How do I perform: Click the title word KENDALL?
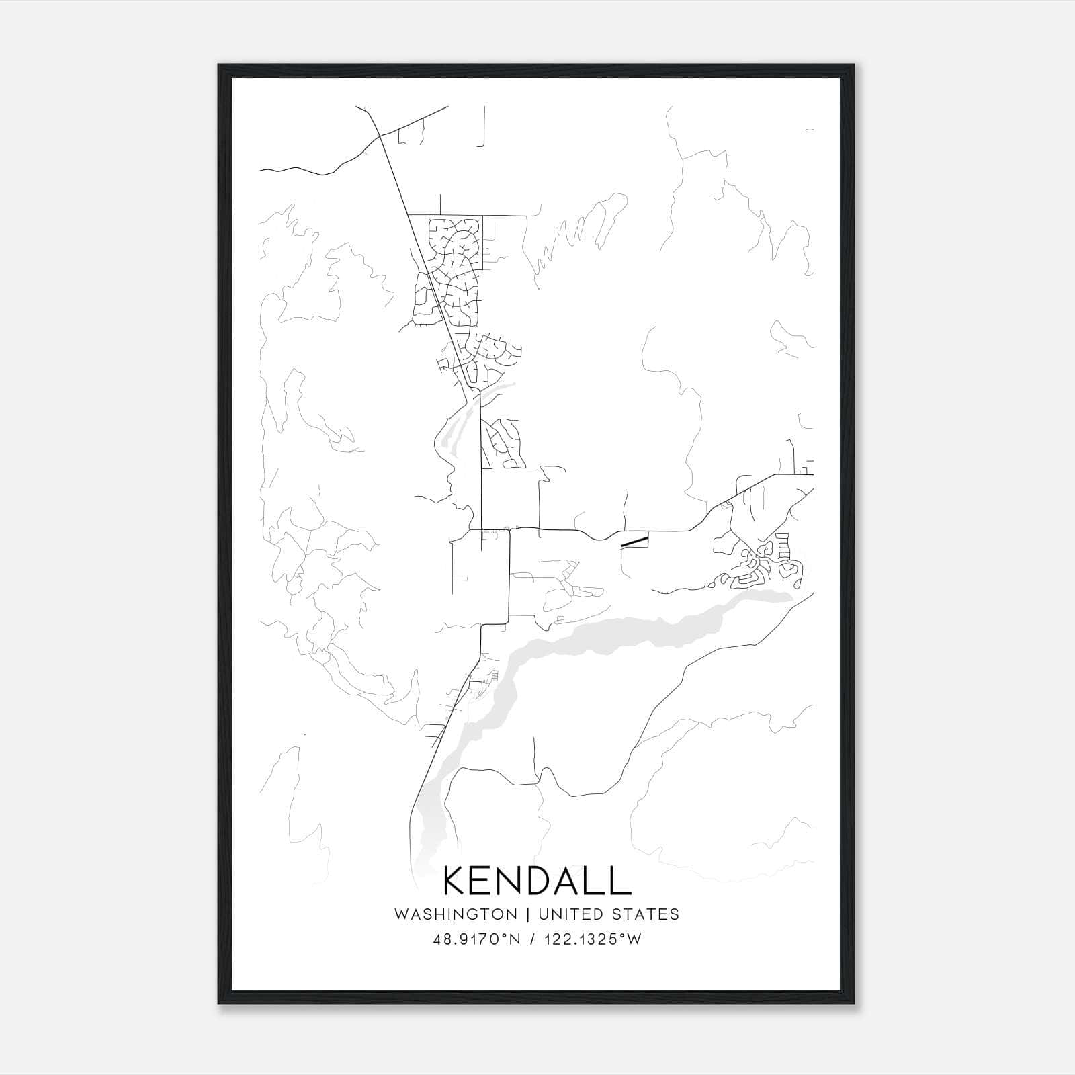click(537, 881)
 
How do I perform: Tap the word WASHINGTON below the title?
click(456, 914)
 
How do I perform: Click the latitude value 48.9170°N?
click(477, 939)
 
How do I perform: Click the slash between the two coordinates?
click(532, 939)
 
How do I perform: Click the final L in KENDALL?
click(621, 881)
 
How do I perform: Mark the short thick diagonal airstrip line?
click(634, 540)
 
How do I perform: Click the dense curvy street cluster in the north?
click(454, 269)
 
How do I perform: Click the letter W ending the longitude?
click(635, 939)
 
